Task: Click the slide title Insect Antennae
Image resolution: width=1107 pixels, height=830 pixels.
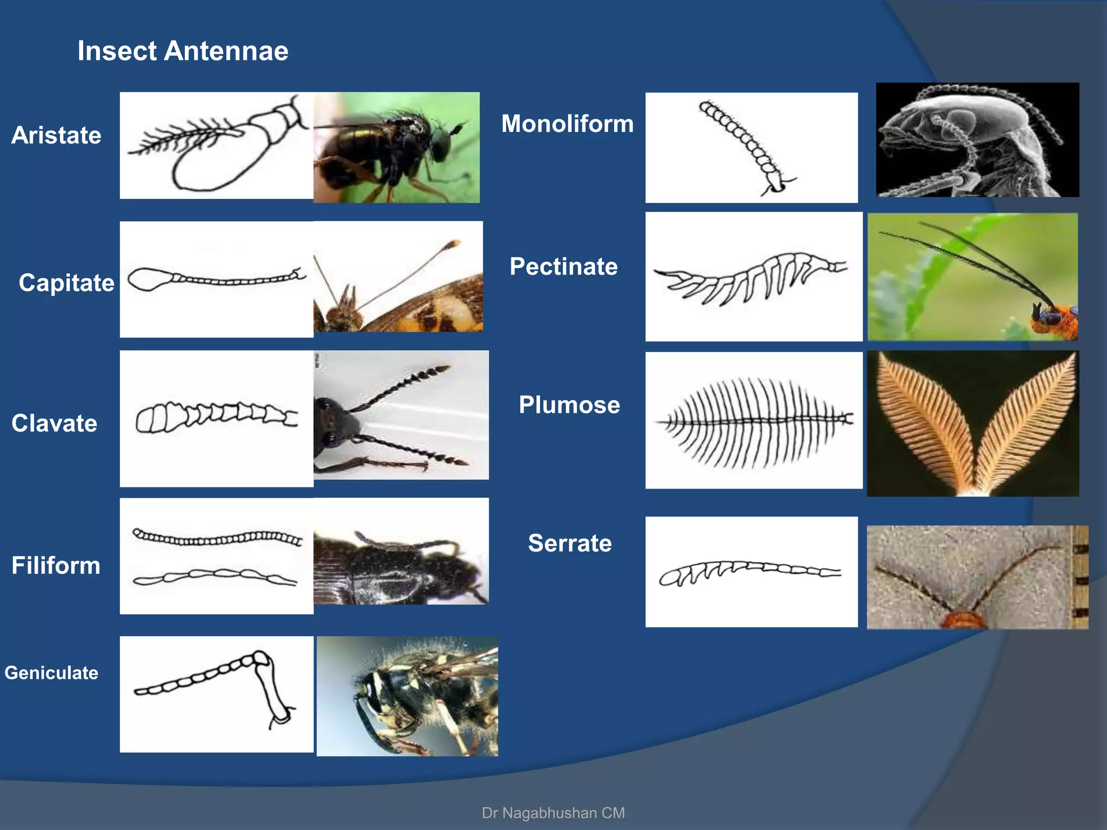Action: (183, 51)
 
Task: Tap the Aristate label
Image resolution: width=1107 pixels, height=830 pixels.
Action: (56, 135)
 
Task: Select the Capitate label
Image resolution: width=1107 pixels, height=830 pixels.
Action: (66, 283)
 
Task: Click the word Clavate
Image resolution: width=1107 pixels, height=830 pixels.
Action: (54, 423)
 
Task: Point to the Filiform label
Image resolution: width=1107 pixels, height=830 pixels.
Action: (56, 566)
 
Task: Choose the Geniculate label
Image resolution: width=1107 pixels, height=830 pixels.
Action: (51, 673)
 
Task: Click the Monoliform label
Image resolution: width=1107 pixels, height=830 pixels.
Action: (567, 124)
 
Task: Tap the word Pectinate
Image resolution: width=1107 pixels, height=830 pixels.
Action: (563, 266)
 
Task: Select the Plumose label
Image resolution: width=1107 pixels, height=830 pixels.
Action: (569, 405)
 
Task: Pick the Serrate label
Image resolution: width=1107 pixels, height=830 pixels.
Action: (570, 543)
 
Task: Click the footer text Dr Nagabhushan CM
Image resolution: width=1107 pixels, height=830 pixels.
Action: (553, 813)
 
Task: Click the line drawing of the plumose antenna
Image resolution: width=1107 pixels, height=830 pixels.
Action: (753, 421)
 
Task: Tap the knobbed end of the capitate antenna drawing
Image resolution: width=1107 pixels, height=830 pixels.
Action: (147, 279)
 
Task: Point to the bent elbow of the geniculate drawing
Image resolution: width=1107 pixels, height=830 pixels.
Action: (262, 659)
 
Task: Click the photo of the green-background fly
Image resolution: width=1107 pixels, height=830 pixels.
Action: (396, 147)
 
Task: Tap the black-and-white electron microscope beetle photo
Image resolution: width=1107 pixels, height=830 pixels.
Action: (977, 139)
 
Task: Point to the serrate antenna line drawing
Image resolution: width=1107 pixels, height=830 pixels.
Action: (750, 573)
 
